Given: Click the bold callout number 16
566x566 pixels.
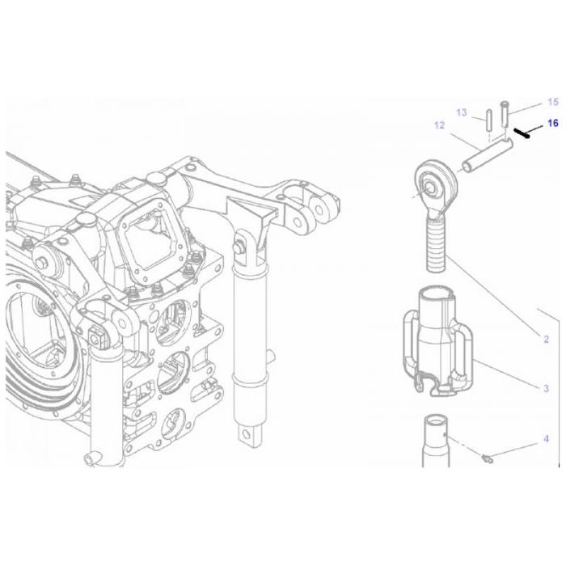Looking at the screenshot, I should (x=553, y=124).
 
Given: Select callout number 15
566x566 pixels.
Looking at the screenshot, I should (x=553, y=103).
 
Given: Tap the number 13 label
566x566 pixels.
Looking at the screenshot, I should (x=461, y=112).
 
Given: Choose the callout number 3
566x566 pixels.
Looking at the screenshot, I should (x=546, y=389).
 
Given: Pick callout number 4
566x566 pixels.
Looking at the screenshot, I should (x=546, y=439).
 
